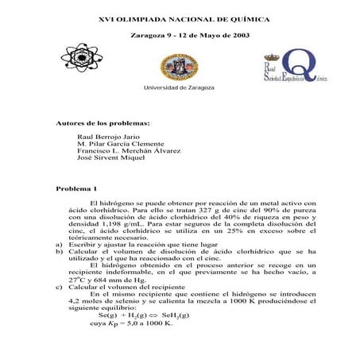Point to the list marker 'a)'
point(59,245)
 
